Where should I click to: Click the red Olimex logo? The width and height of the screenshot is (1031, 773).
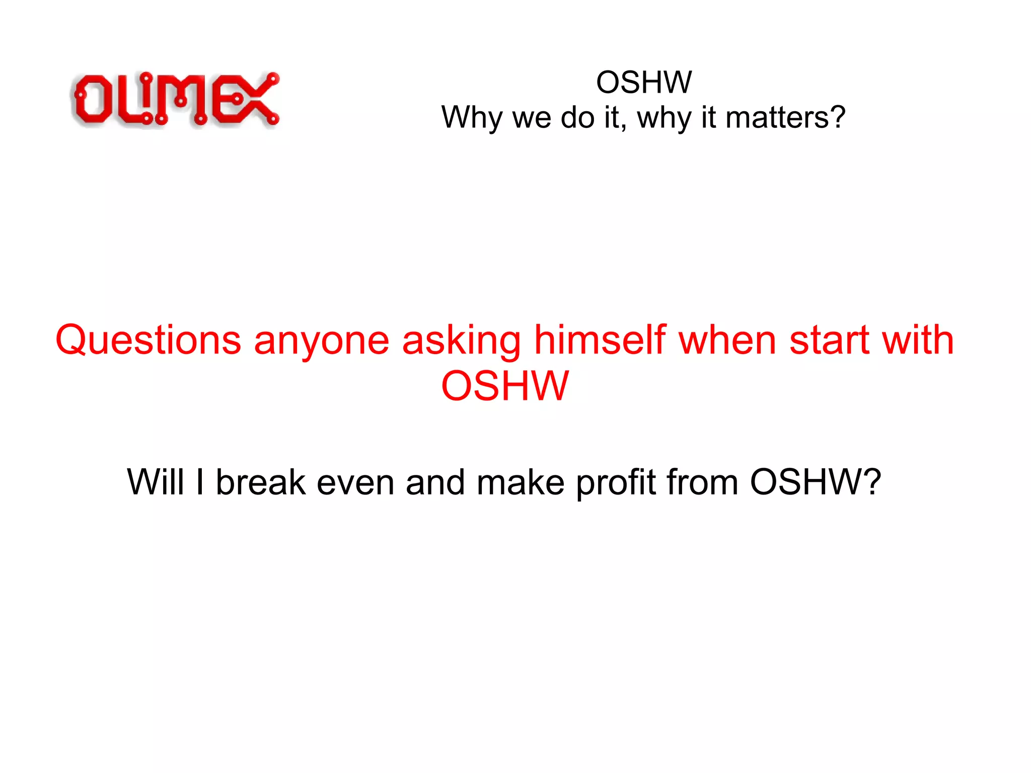pos(175,99)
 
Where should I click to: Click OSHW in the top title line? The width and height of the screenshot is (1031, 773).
pos(644,82)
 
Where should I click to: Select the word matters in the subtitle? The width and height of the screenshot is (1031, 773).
pos(785,117)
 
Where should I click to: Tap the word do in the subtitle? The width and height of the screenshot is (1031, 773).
pos(578,117)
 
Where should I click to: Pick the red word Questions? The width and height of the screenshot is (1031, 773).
pos(149,340)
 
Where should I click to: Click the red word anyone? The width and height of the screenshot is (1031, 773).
pos(322,340)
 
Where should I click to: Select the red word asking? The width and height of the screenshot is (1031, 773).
pos(462,340)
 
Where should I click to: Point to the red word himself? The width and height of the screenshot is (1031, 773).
pos(600,340)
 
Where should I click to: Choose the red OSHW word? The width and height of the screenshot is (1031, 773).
pos(505,386)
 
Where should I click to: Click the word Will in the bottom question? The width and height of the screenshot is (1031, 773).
pos(155,482)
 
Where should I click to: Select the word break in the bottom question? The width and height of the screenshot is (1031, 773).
pos(261,482)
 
